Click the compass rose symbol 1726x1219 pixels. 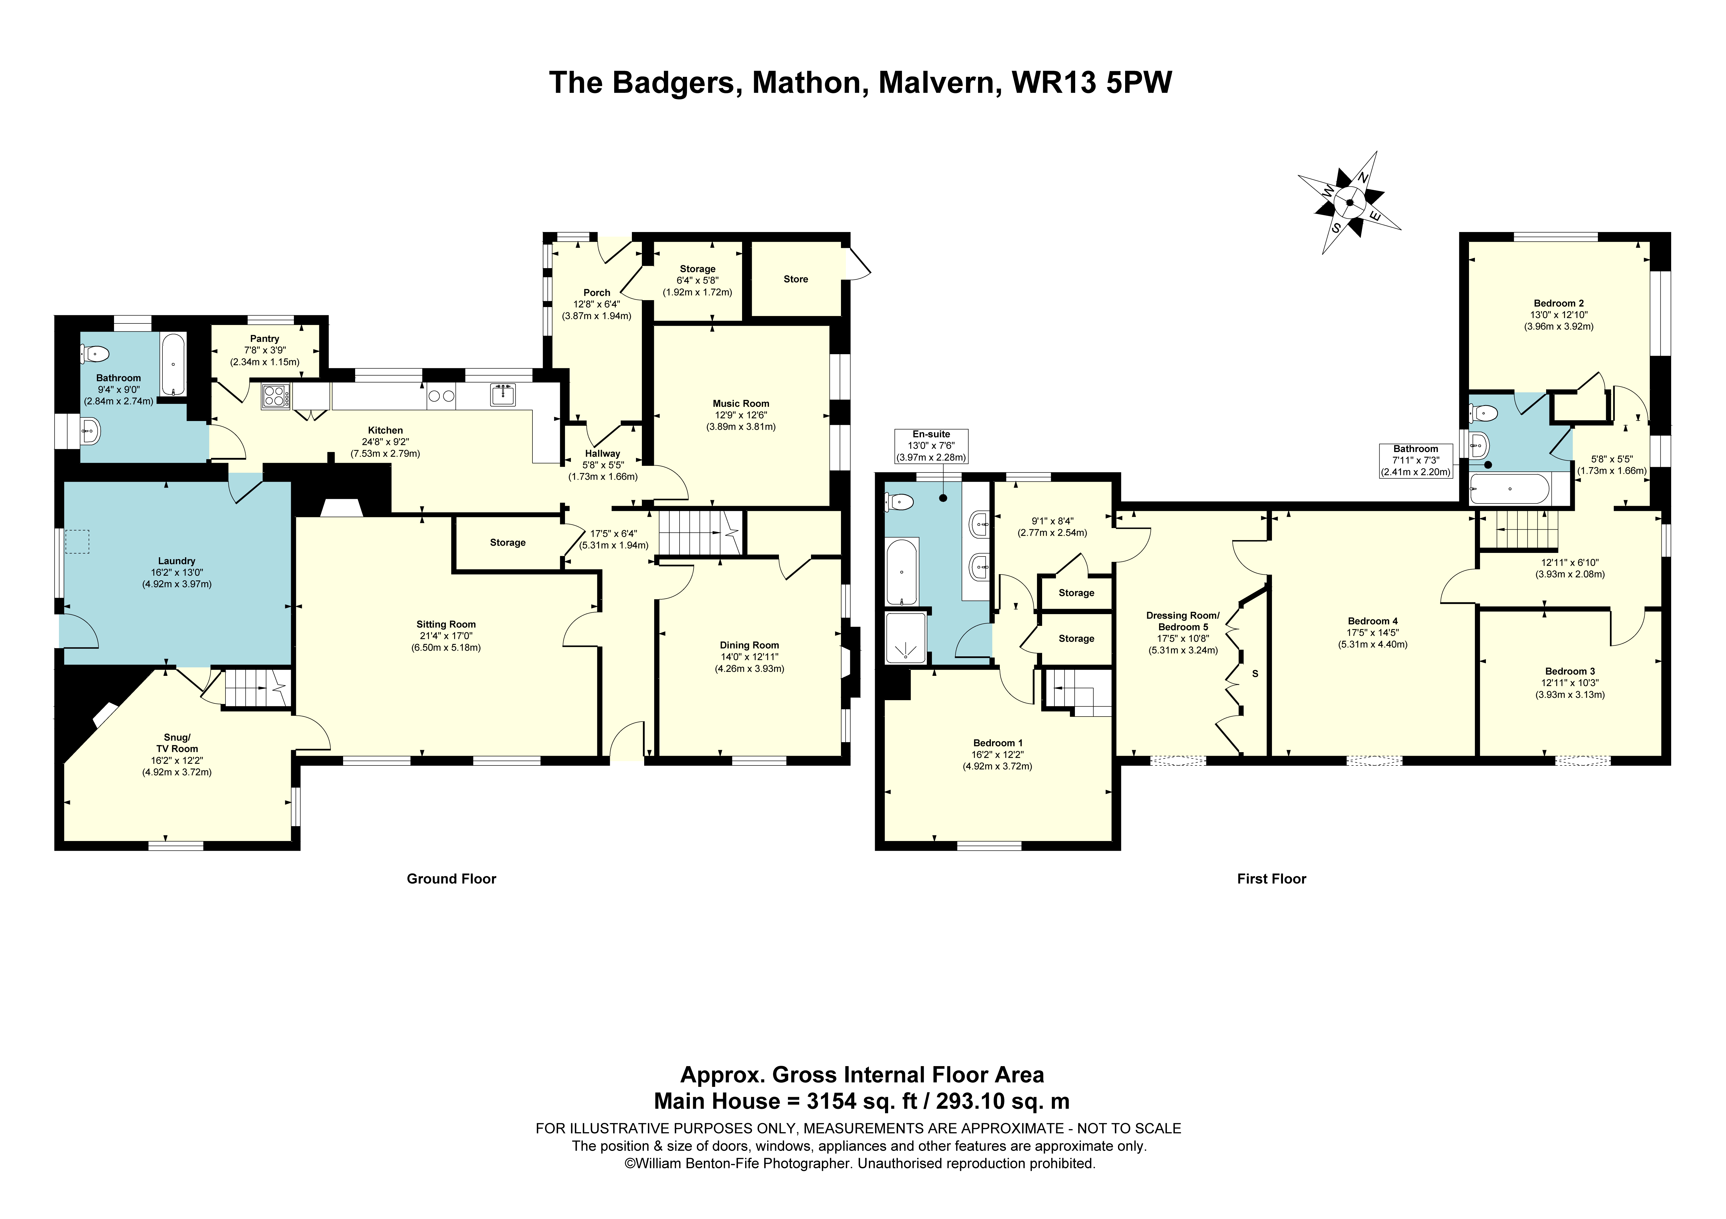pyautogui.click(x=1349, y=203)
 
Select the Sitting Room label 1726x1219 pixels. pyautogui.click(x=446, y=625)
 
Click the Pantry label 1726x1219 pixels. pyautogui.click(x=265, y=339)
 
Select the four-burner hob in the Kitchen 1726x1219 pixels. pyautogui.click(x=275, y=396)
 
